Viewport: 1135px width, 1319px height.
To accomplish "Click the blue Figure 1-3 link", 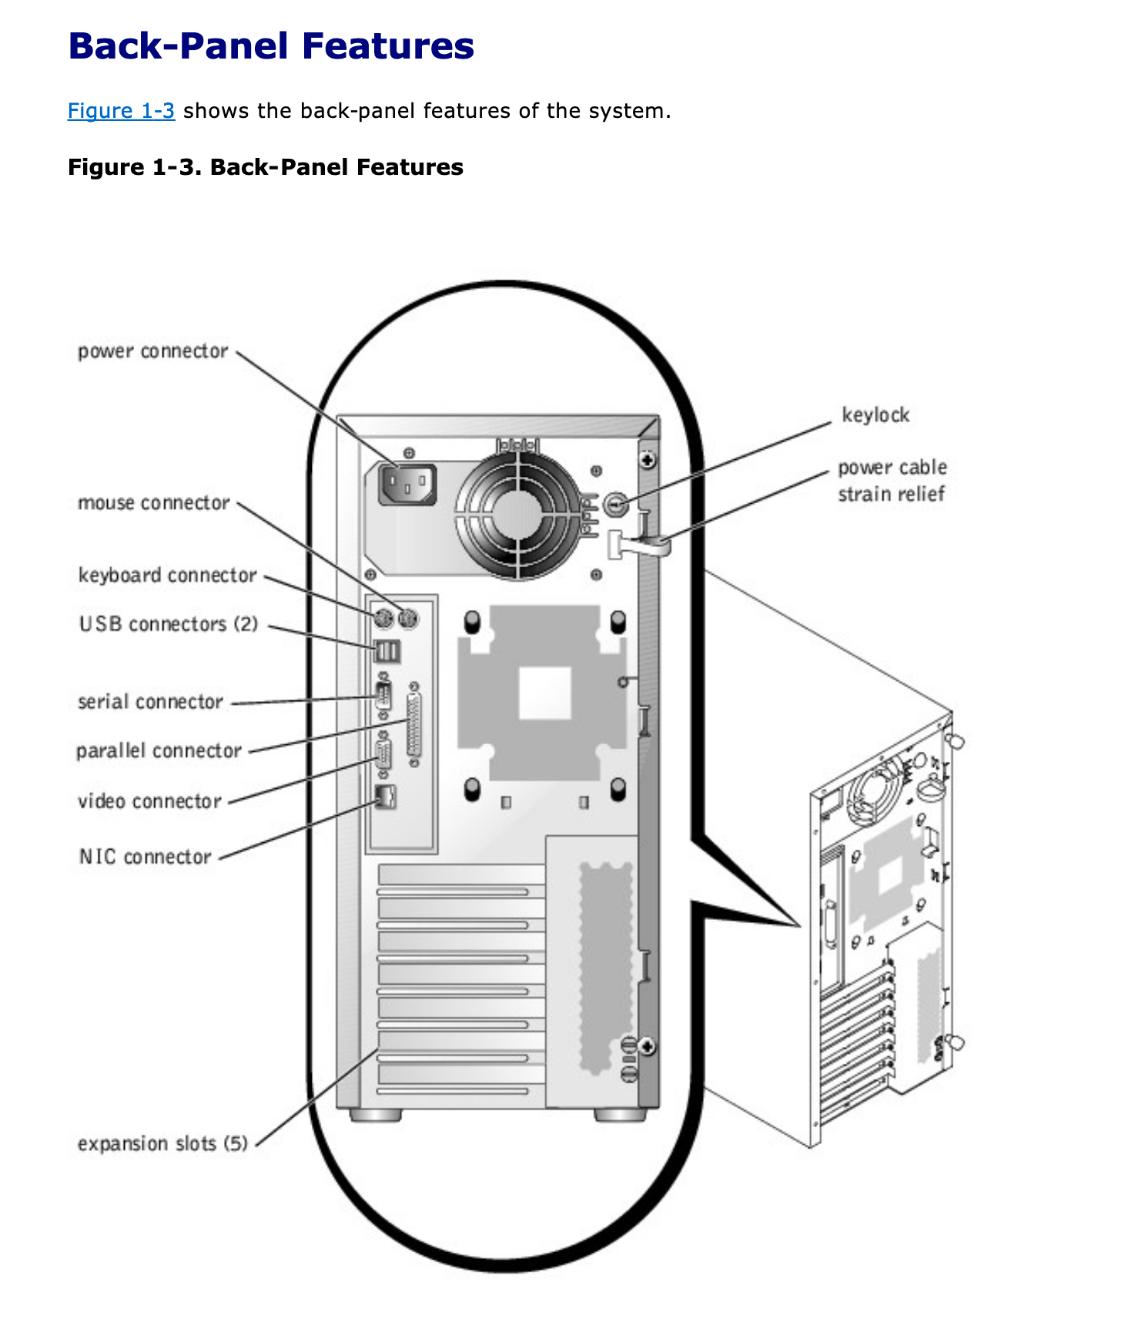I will coord(121,111).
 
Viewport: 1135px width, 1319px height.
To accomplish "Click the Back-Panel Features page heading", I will coord(271,46).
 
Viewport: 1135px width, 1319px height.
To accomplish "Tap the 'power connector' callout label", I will coord(152,351).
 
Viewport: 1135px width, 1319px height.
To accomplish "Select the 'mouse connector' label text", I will coord(153,503).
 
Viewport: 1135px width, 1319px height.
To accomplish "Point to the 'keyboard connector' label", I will coord(167,576).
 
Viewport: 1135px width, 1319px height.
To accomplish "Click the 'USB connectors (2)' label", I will coord(168,624).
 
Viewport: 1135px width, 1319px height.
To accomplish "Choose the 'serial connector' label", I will coord(150,702).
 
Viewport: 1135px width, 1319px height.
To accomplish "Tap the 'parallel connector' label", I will coord(159,750).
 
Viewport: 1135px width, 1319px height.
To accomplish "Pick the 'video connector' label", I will coord(149,801).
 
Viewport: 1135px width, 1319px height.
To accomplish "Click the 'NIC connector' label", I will coord(145,857).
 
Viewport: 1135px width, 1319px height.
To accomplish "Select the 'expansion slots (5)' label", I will coord(162,1143).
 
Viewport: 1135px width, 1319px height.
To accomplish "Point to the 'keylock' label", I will coord(876,415).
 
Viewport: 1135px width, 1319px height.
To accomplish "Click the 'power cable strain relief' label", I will coord(892,481).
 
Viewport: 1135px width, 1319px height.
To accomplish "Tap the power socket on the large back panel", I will coord(407,485).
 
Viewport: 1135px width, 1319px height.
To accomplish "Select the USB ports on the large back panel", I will coord(387,652).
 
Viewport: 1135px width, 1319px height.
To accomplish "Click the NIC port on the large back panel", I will coord(385,797).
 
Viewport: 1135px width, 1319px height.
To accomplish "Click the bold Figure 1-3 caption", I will coord(266,167).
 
